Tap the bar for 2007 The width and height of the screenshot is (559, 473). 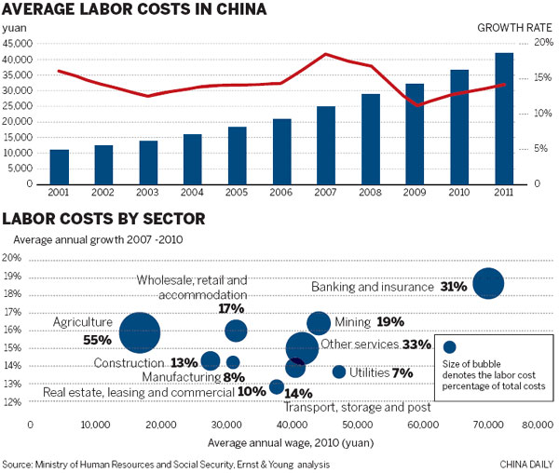tap(326, 144)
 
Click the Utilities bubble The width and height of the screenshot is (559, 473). tap(339, 372)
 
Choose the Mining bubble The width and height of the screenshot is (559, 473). tap(319, 323)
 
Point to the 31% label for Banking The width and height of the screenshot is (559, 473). tap(454, 287)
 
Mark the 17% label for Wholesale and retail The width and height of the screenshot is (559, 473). tap(231, 308)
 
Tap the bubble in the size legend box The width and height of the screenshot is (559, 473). tap(450, 347)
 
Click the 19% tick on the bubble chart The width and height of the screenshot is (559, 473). tap(12, 277)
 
